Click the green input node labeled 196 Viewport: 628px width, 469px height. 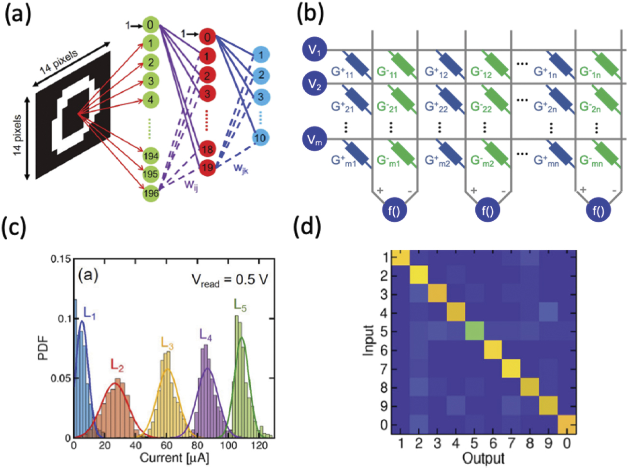[x=151, y=193]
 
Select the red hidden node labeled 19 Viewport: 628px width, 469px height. [x=207, y=168]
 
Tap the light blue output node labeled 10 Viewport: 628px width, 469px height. [x=260, y=138]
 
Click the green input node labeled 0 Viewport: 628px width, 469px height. [x=150, y=25]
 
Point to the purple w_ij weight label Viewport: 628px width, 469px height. [x=192, y=185]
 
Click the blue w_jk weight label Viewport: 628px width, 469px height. [x=241, y=168]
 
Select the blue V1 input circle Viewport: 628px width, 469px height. [x=315, y=50]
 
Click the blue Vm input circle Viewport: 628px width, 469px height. [x=315, y=140]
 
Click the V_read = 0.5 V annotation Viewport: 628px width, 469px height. [x=229, y=280]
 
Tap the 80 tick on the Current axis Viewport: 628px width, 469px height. [x=198, y=445]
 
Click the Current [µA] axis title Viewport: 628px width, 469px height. [x=174, y=457]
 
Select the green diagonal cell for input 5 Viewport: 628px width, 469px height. [x=475, y=331]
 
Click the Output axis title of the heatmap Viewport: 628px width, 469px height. [x=483, y=458]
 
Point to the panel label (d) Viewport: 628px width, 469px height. [x=308, y=227]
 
